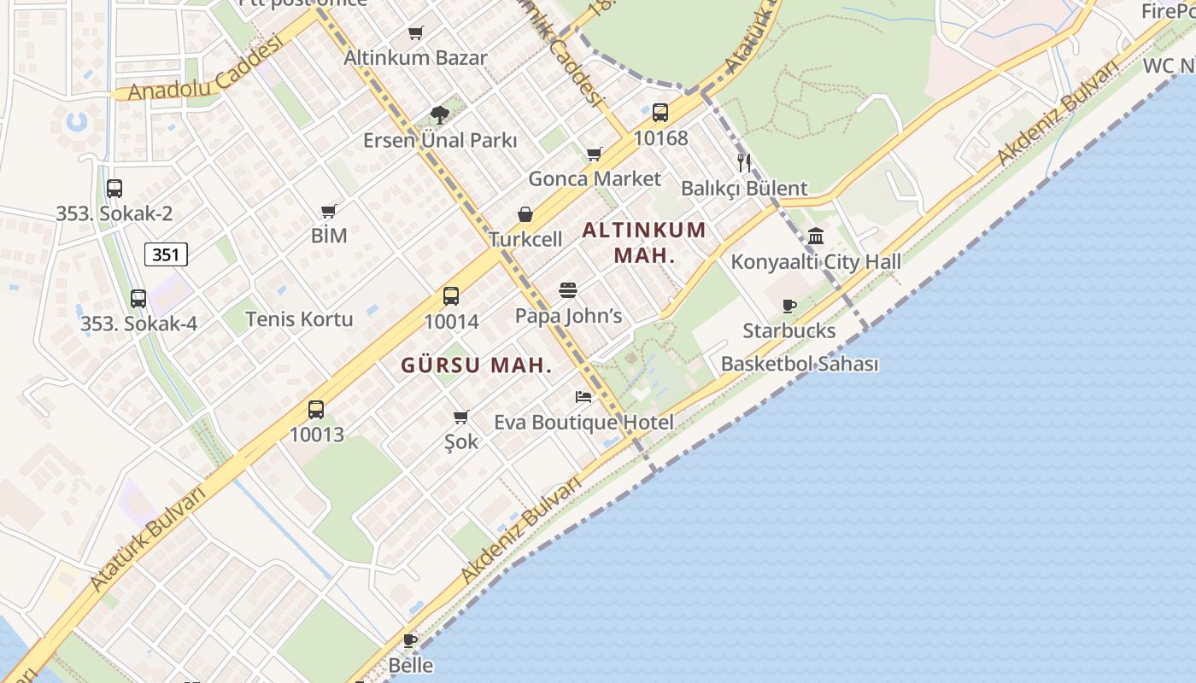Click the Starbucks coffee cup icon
(x=789, y=306)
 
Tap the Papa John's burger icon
(x=568, y=290)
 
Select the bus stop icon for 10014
(x=451, y=296)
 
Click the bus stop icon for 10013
(x=316, y=409)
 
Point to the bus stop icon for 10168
(x=660, y=112)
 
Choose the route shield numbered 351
(x=166, y=254)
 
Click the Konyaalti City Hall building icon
(x=816, y=236)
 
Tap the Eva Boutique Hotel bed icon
(x=583, y=397)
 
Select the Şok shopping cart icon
(x=461, y=417)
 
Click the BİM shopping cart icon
(x=329, y=211)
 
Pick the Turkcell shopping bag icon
(x=525, y=214)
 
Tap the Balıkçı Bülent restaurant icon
(x=744, y=162)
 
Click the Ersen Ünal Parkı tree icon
(x=440, y=114)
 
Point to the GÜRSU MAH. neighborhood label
(x=477, y=365)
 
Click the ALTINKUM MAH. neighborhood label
(x=645, y=242)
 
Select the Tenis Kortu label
(x=299, y=319)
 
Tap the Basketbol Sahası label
(x=800, y=364)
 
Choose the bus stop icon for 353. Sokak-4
(x=138, y=299)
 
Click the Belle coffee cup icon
(x=410, y=639)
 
